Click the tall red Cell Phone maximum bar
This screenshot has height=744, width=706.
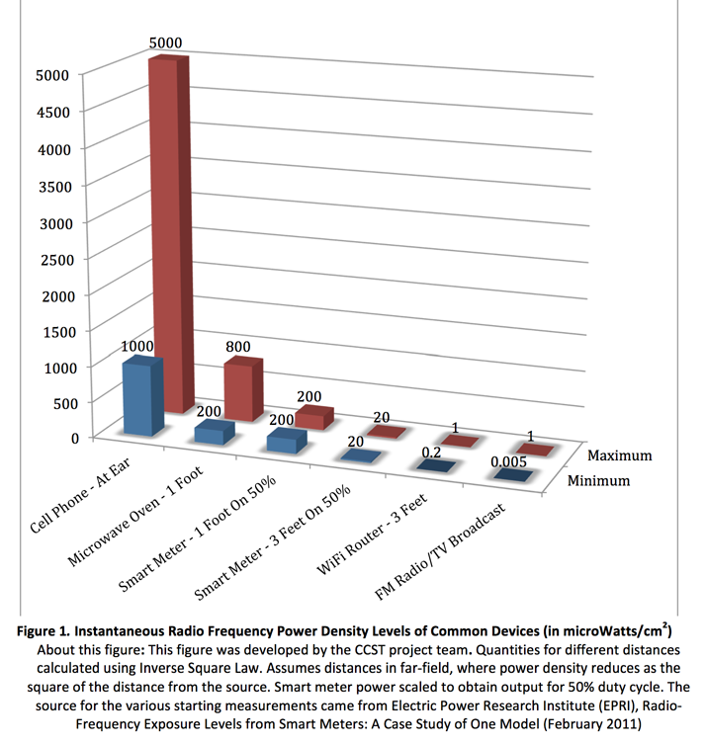[165, 237]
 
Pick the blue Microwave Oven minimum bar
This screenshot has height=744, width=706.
[213, 432]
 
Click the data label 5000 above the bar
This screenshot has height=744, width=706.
[165, 44]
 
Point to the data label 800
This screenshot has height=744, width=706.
[237, 347]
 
